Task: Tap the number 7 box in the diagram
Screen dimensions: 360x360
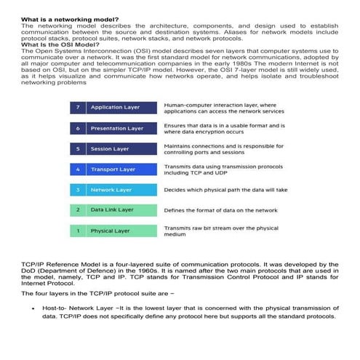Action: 78,108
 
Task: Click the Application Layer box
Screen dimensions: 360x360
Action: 121,108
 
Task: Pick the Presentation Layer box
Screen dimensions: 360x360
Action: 121,128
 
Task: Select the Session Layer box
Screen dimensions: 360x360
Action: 121,148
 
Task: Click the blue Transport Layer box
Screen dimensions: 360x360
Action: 121,169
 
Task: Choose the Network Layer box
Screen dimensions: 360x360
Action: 121,190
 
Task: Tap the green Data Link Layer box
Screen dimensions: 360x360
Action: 121,210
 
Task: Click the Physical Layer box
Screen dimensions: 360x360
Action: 121,231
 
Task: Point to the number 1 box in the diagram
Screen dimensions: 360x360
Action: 78,231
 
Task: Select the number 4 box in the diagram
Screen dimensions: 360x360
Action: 78,169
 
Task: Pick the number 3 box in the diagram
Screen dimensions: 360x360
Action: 78,190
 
